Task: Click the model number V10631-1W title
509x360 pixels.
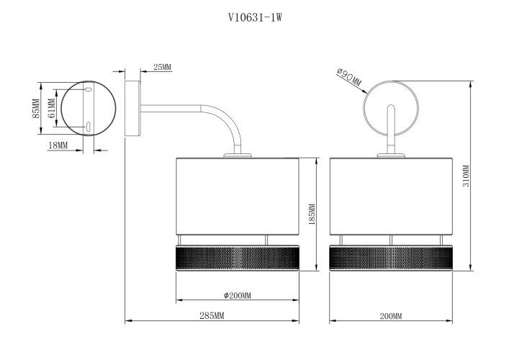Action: point(255,17)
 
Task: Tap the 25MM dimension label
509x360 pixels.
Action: point(162,67)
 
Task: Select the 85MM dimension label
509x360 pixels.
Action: point(36,109)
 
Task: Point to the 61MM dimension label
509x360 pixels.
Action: point(51,109)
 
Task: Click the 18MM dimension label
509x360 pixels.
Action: point(58,145)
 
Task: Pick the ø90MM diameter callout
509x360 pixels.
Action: point(348,77)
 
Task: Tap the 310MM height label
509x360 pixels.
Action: point(466,176)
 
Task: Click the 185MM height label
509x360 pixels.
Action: point(312,215)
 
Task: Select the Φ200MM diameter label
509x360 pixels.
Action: point(238,296)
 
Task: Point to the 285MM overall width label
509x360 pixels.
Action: point(212,315)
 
